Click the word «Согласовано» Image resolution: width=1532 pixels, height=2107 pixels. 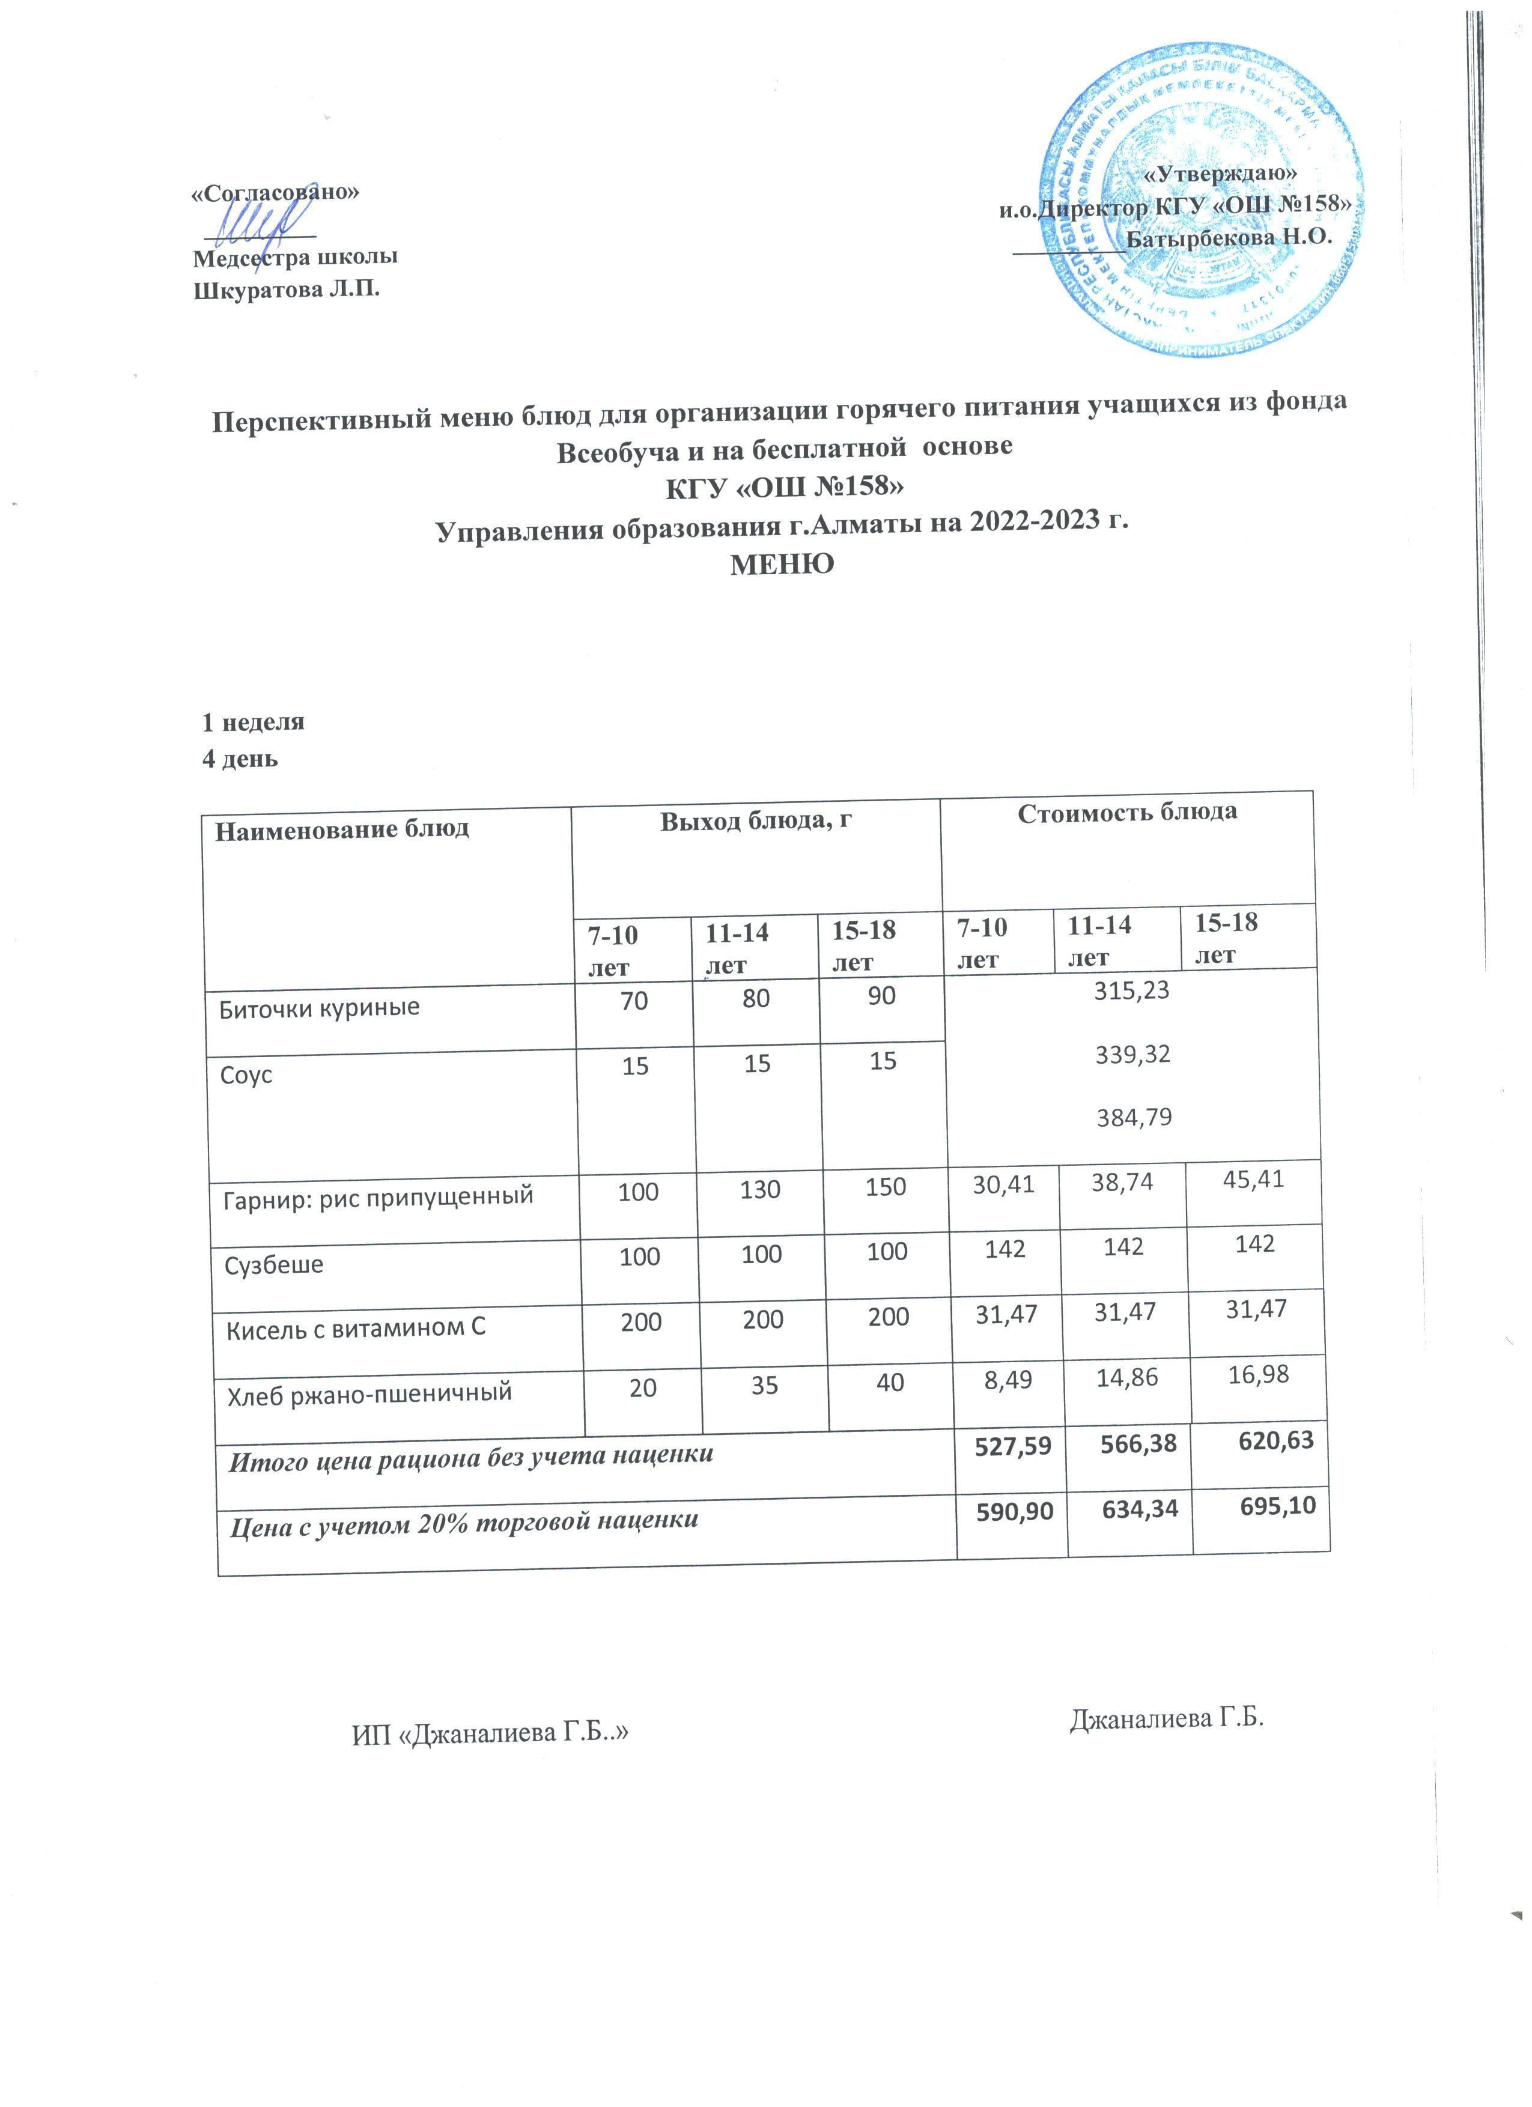[275, 192]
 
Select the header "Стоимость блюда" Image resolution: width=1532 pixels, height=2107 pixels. [1127, 813]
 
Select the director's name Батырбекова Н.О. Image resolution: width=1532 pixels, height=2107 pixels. [1229, 236]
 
